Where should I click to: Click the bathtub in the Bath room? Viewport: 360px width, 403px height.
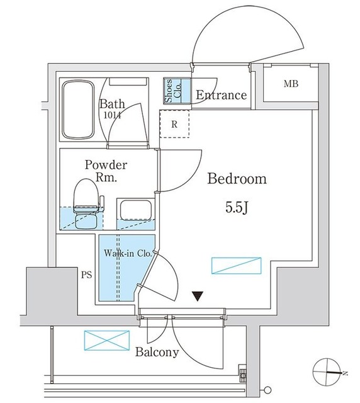(78, 110)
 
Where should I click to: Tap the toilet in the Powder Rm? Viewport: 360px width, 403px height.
(86, 203)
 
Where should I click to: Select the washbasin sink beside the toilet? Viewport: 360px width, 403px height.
(136, 210)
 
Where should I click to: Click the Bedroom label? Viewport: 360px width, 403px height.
(237, 178)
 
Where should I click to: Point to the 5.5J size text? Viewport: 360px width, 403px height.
(237, 207)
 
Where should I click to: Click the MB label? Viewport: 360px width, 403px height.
(291, 84)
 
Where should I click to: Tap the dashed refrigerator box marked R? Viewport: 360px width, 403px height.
(174, 124)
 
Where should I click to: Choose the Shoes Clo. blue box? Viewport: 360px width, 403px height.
(177, 91)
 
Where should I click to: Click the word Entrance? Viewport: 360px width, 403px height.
(222, 95)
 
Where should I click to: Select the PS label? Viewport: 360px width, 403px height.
(87, 275)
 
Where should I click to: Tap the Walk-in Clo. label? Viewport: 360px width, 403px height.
(128, 253)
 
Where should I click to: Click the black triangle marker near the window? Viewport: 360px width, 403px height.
(198, 296)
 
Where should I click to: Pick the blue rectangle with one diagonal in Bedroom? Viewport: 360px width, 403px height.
(236, 266)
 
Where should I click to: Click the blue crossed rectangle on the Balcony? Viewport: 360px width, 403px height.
(106, 341)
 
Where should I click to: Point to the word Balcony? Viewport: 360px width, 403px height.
(157, 352)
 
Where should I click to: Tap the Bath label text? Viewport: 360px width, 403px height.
(112, 104)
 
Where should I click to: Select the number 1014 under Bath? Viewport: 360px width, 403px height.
(112, 115)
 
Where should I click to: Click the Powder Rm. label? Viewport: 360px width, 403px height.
(106, 171)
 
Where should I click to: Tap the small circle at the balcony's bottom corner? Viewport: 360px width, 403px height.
(267, 390)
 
